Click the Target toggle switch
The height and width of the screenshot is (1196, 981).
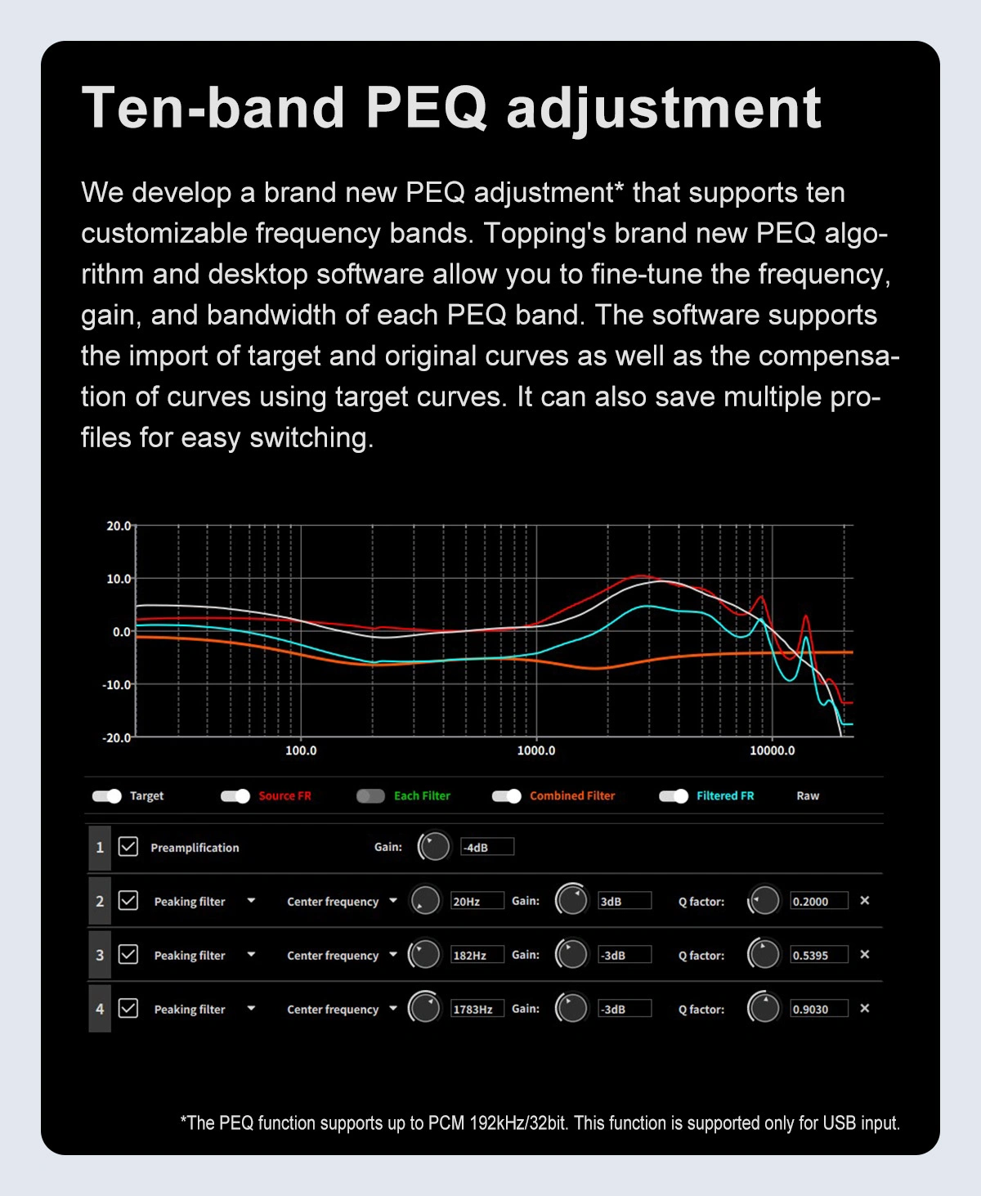[x=106, y=796]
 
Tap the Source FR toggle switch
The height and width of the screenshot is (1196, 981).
[x=235, y=796]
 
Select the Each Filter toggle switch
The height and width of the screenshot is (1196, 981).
[x=370, y=796]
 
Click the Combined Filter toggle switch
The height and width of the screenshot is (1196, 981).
[x=507, y=796]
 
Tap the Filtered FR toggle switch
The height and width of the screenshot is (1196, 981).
[x=674, y=796]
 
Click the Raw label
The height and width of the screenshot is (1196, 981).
[x=808, y=796]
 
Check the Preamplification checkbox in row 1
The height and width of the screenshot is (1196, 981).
[x=128, y=847]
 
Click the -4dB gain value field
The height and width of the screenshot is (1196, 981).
[x=487, y=847]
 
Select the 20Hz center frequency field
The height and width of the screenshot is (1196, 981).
[x=477, y=901]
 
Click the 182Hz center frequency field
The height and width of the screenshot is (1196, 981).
[x=477, y=955]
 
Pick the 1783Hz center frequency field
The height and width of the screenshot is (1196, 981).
[x=477, y=1009]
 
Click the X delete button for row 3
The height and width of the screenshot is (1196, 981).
[x=865, y=954]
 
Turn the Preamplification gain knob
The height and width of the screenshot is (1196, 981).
[x=434, y=847]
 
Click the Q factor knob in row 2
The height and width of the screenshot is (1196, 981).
[x=764, y=901]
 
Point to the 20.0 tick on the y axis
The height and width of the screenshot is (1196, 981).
[x=119, y=526]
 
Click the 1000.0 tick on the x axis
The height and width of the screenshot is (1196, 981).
[x=536, y=750]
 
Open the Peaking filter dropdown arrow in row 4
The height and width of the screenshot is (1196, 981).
[x=251, y=1008]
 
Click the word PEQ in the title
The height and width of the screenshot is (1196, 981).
[x=426, y=108]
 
